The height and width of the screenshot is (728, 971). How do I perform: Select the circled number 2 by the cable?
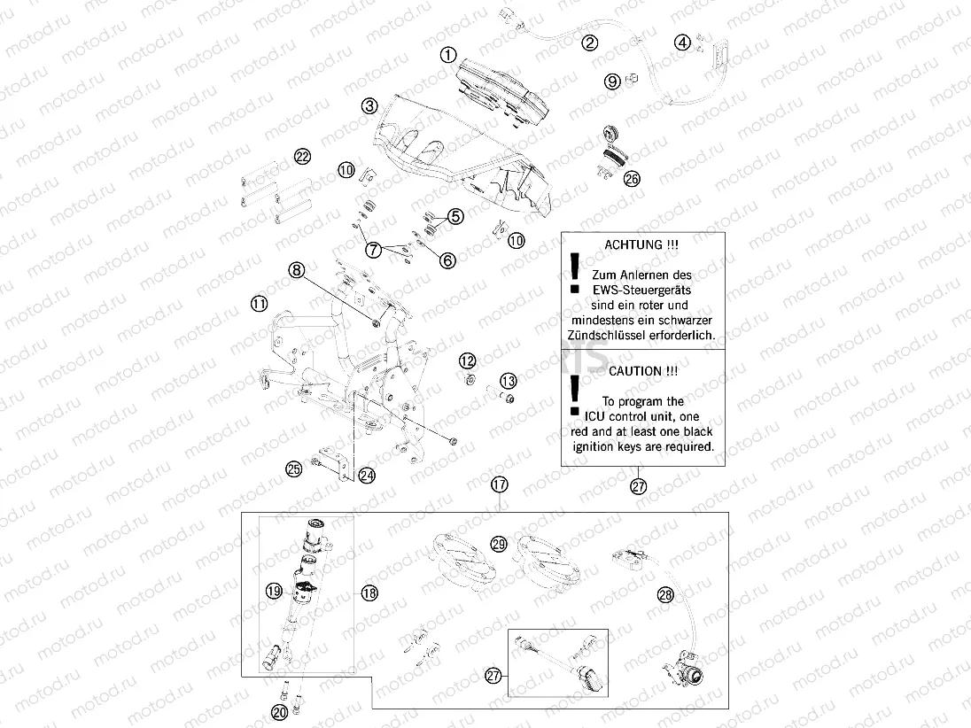tap(590, 42)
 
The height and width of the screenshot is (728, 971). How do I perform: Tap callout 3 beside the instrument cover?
tap(369, 106)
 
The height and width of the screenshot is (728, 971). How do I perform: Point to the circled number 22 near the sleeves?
tap(303, 157)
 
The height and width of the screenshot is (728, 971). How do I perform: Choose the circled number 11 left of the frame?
tap(258, 304)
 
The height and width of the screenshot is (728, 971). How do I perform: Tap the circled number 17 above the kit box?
tap(501, 484)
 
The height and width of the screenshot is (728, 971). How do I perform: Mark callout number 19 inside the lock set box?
tap(273, 590)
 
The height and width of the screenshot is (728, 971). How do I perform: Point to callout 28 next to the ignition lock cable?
tap(665, 596)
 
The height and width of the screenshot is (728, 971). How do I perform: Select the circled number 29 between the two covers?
tap(499, 545)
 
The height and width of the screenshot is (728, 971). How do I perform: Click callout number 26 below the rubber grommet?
tap(632, 178)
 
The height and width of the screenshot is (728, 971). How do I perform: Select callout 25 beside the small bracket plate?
tap(294, 469)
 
